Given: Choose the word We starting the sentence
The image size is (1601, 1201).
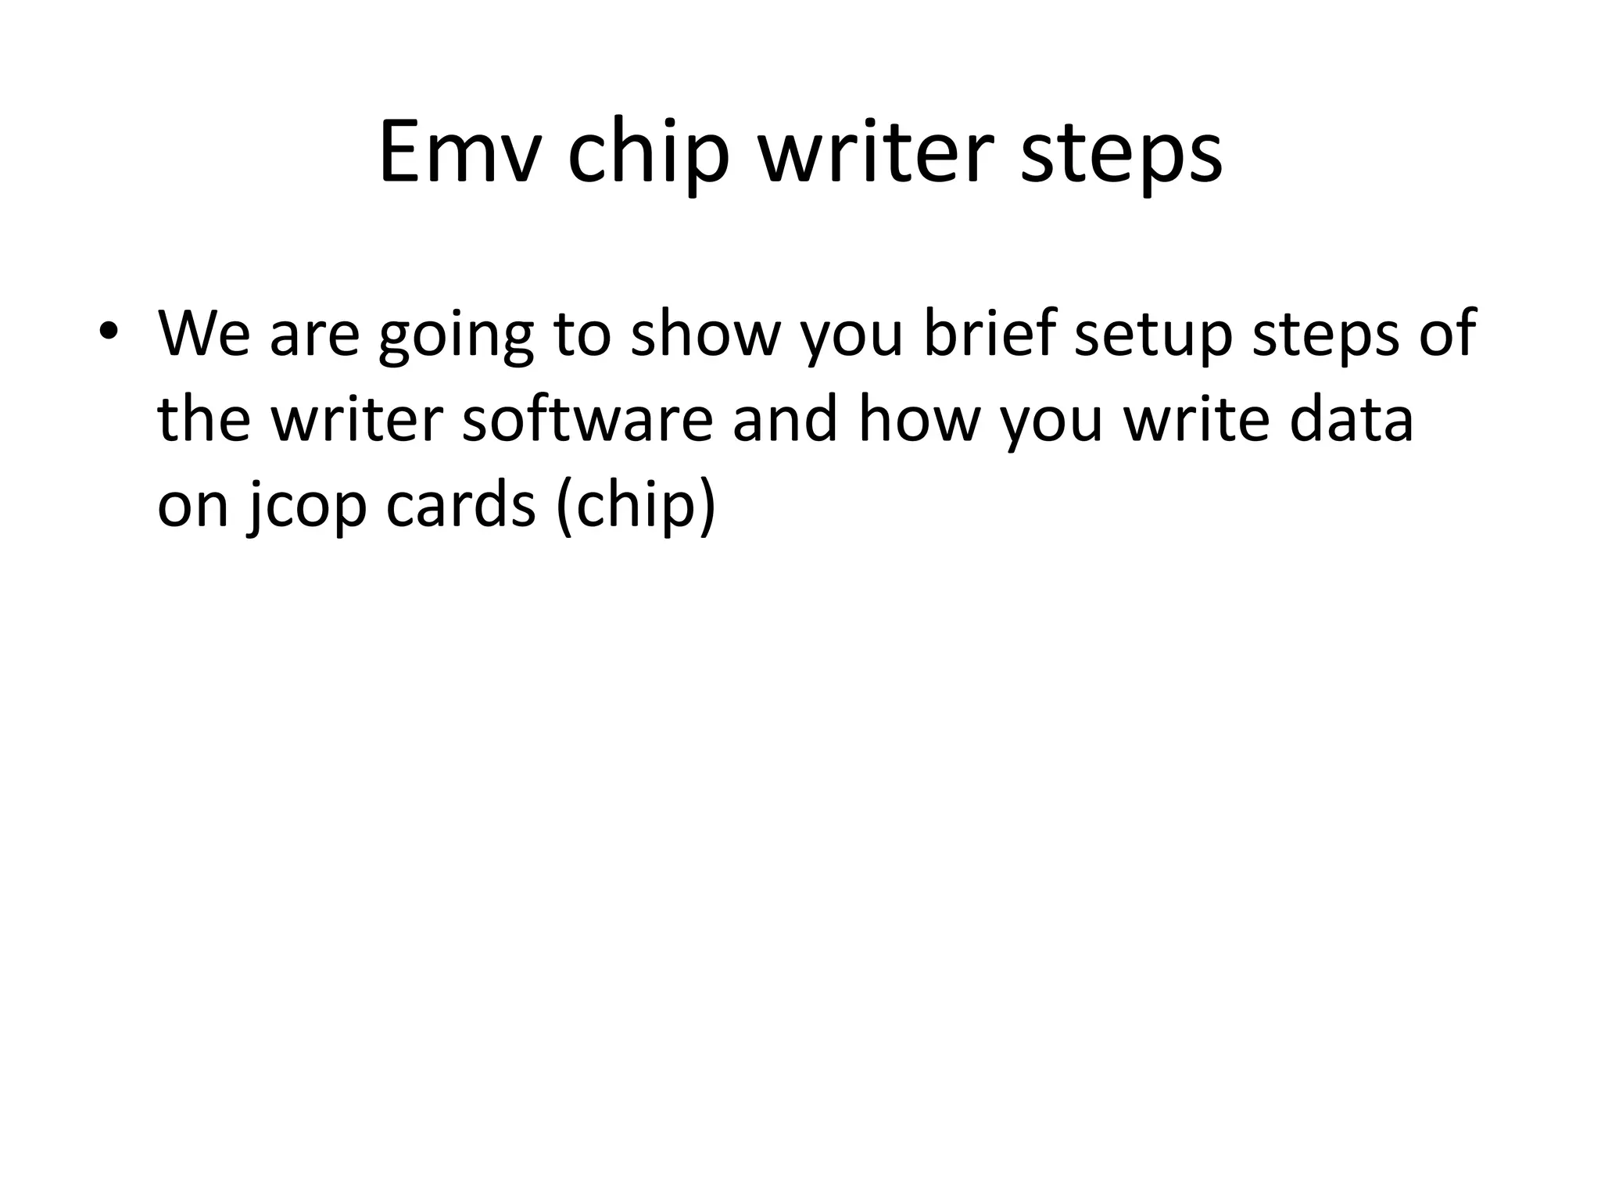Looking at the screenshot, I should (204, 333).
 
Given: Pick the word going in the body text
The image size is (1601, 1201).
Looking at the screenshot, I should (456, 336).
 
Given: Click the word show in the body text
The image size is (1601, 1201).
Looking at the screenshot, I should (705, 333).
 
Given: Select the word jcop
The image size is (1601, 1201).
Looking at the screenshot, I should (306, 507).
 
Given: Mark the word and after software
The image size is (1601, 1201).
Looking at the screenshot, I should (785, 419).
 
